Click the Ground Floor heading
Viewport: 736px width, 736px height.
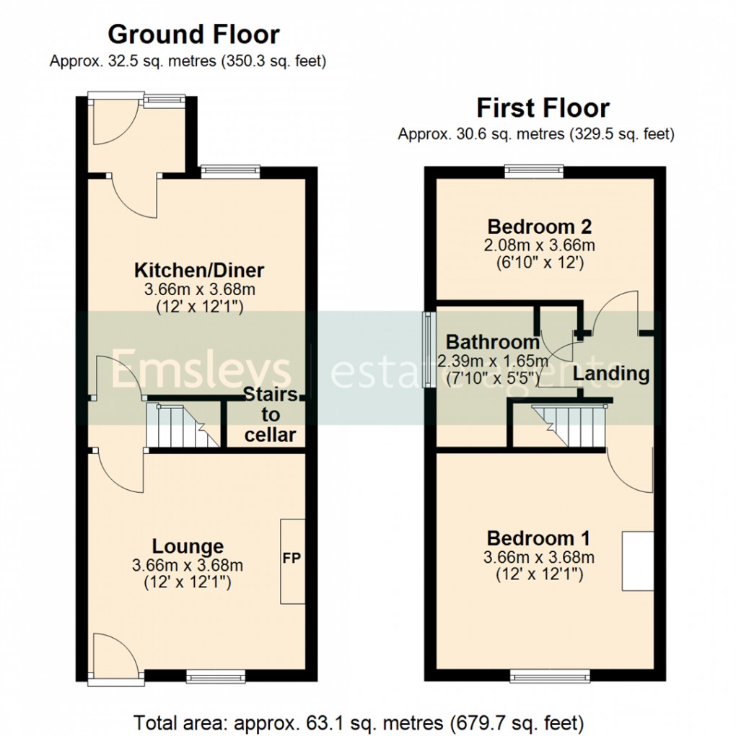pos(193,34)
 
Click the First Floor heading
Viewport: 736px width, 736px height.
pos(543,108)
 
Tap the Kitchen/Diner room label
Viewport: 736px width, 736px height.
pos(199,271)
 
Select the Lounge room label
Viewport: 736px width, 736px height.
pos(188,546)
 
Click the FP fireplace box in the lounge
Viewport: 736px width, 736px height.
pos(292,560)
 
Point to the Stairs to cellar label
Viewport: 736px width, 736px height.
pos(270,415)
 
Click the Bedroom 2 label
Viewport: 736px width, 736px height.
pos(540,226)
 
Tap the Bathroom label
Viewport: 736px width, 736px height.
pos(492,341)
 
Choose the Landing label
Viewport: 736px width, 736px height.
pos(611,374)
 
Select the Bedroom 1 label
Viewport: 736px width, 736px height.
pos(538,538)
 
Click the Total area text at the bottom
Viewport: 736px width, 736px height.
pos(359,722)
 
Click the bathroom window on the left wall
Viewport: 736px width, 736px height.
pos(427,350)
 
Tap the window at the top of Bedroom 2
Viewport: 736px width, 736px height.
pos(534,172)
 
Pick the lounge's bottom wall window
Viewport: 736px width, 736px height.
pos(214,676)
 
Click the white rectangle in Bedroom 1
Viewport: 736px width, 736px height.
pos(637,561)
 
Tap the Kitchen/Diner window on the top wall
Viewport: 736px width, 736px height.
pos(229,172)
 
